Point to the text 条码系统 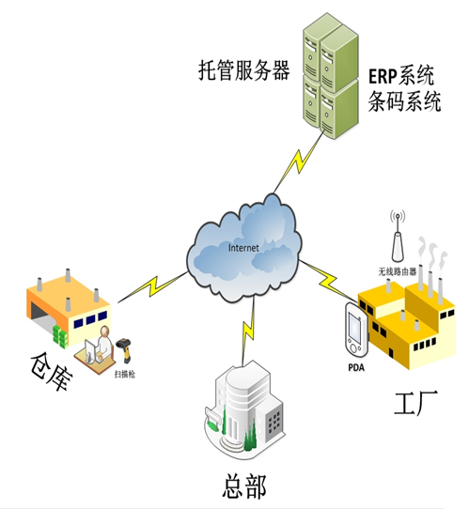coord(402,100)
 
